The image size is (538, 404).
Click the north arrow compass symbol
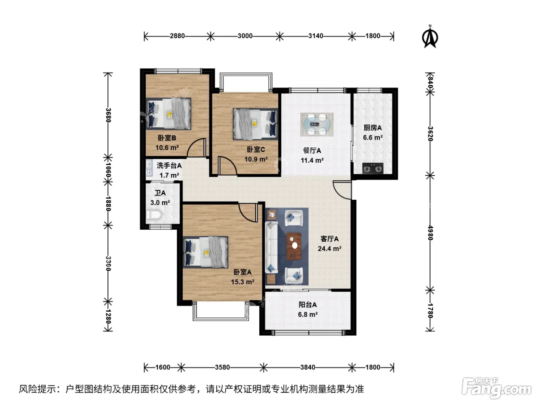coord(430,37)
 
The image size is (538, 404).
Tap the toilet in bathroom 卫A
coord(153,215)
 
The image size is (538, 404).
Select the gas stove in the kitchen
coord(372,168)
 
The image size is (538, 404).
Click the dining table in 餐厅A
coord(317,124)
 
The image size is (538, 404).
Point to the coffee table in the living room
coord(294,245)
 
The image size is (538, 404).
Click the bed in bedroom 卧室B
coord(169,114)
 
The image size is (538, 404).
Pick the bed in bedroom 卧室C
coord(255,124)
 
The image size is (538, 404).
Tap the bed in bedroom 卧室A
coord(205,252)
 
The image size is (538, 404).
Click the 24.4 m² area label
coord(329,249)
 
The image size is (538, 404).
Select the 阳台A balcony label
coord(307,305)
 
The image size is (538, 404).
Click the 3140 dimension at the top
coord(316,36)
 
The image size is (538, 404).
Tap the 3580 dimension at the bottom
coord(222,367)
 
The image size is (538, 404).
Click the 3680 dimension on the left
coord(108,115)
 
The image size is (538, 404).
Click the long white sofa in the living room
coord(271,247)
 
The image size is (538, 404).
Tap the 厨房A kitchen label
coord(372,128)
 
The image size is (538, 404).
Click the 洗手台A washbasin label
coord(169,165)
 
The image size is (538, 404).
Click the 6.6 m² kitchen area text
coord(373,138)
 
